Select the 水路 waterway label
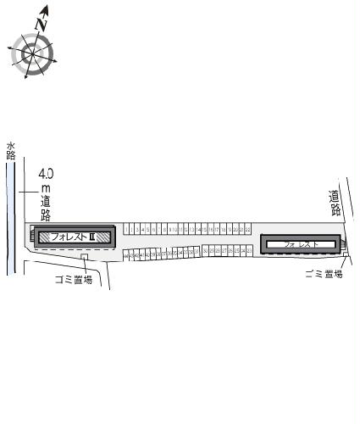pyautogui.click(x=11, y=150)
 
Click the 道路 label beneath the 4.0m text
pyautogui.click(x=46, y=209)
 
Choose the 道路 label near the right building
pyautogui.click(x=336, y=204)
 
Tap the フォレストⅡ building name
pyautogui.click(x=71, y=237)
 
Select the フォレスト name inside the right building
pyautogui.click(x=302, y=244)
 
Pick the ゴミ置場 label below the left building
pyautogui.click(x=75, y=279)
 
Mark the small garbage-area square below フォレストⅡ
pyautogui.click(x=85, y=258)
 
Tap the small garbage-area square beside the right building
pyautogui.click(x=345, y=258)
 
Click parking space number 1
pyautogui.click(x=126, y=229)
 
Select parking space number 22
pyautogui.click(x=246, y=229)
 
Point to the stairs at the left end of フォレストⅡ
pyautogui.click(x=33, y=237)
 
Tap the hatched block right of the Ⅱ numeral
pyautogui.click(x=103, y=237)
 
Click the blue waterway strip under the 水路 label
pyautogui.click(x=11, y=220)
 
